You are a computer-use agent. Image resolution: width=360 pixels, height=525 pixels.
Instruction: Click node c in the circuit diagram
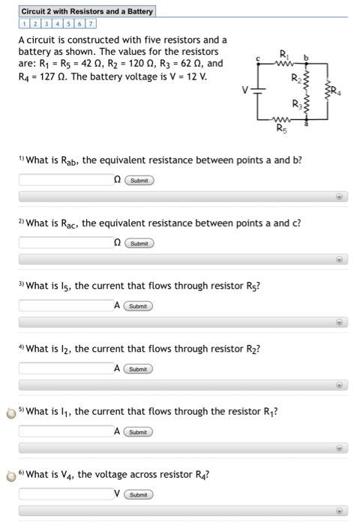259,63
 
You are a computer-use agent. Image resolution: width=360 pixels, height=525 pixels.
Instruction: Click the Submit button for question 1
139,180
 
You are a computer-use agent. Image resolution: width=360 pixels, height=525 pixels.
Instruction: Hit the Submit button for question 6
139,495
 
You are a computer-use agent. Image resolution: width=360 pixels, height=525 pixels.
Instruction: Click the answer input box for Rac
65,243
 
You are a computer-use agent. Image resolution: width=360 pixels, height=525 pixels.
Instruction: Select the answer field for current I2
65,369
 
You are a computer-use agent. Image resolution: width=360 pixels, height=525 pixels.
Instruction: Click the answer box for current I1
65,432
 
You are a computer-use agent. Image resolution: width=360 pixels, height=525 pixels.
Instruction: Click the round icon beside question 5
11,412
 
